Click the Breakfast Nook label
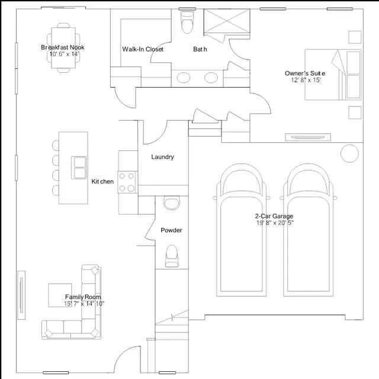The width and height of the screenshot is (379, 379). click(62, 47)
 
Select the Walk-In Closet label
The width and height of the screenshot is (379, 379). click(143, 49)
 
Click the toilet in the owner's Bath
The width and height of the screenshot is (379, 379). click(187, 24)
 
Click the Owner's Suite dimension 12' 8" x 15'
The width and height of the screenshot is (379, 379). click(305, 80)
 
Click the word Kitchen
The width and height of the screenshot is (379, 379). click(102, 181)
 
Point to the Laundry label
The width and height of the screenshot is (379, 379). click(162, 157)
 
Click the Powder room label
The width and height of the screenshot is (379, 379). click(171, 230)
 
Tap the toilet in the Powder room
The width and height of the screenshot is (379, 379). click(172, 253)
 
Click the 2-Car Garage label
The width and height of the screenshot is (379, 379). click(274, 216)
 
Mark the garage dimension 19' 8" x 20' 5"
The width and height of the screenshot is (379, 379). click(275, 223)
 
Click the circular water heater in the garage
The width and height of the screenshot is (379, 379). click(350, 153)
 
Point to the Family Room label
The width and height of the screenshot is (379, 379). click(83, 297)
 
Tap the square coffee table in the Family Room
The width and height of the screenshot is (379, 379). click(60, 294)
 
